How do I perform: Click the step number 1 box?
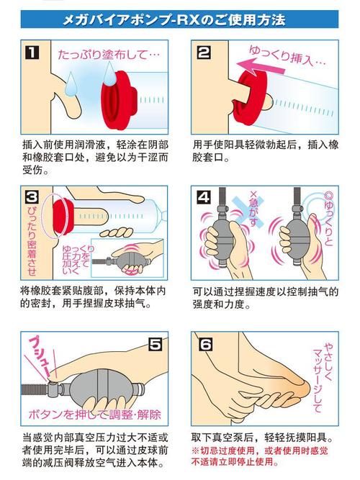coord(32,53)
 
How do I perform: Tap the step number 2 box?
coord(204,52)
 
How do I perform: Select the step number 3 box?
coord(32,197)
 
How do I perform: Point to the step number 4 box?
coord(204,197)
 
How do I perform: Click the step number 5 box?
coord(155,344)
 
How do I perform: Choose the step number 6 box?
coord(205,344)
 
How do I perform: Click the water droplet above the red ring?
coord(109,73)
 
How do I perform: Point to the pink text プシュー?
coord(39,356)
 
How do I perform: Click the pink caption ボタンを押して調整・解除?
coord(95,415)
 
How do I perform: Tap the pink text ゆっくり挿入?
coord(287,56)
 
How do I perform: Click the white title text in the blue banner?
coord(174,19)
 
